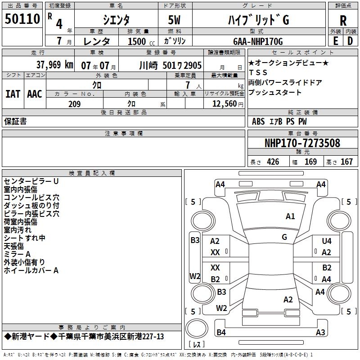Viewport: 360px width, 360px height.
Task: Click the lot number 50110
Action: [x=22, y=19]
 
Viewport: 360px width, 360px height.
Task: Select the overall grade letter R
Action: [x=343, y=21]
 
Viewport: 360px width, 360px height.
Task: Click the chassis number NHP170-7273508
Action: [x=302, y=144]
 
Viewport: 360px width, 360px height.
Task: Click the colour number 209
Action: [x=74, y=104]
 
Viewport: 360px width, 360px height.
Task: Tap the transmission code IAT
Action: [x=13, y=94]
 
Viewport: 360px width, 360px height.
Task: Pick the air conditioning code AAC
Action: [x=34, y=94]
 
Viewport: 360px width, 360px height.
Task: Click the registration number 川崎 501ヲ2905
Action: [x=171, y=65]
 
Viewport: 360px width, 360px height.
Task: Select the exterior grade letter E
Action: [x=335, y=41]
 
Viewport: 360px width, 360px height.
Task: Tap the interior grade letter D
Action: [x=350, y=41]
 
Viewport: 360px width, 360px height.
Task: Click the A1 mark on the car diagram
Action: [x=290, y=216]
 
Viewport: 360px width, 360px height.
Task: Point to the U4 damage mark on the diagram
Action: [x=326, y=241]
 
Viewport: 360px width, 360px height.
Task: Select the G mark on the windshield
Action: [x=284, y=237]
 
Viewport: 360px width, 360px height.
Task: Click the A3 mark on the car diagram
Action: [x=320, y=333]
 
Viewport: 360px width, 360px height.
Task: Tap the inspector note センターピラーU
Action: [x=31, y=181]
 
